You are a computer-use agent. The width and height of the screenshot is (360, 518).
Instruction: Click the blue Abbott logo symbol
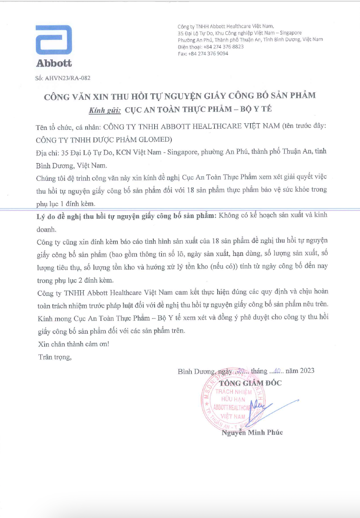(x=54, y=40)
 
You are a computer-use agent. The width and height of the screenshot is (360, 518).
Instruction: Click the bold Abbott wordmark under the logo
(x=54, y=63)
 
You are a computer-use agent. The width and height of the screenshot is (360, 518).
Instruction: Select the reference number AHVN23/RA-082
(x=68, y=78)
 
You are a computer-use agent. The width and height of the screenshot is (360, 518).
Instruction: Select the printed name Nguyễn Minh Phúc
(x=252, y=432)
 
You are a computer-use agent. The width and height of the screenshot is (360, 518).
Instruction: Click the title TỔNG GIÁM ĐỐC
(x=250, y=383)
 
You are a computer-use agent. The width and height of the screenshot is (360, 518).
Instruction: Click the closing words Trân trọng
(x=55, y=357)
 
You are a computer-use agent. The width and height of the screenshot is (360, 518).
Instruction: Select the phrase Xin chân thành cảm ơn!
(x=74, y=344)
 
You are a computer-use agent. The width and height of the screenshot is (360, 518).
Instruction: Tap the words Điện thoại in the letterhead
(x=189, y=47)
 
